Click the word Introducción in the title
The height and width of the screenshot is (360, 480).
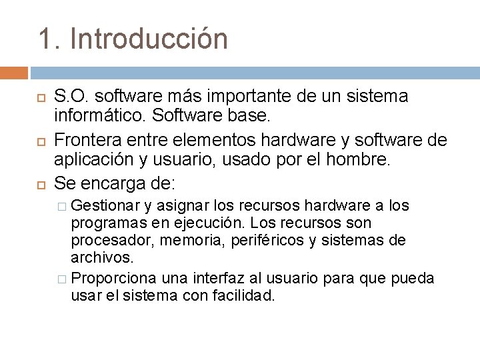(149, 38)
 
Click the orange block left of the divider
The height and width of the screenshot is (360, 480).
(14, 73)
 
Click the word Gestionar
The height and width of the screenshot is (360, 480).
(103, 205)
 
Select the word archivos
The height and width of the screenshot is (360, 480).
(103, 257)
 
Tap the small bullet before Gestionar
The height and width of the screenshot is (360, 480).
(62, 206)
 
